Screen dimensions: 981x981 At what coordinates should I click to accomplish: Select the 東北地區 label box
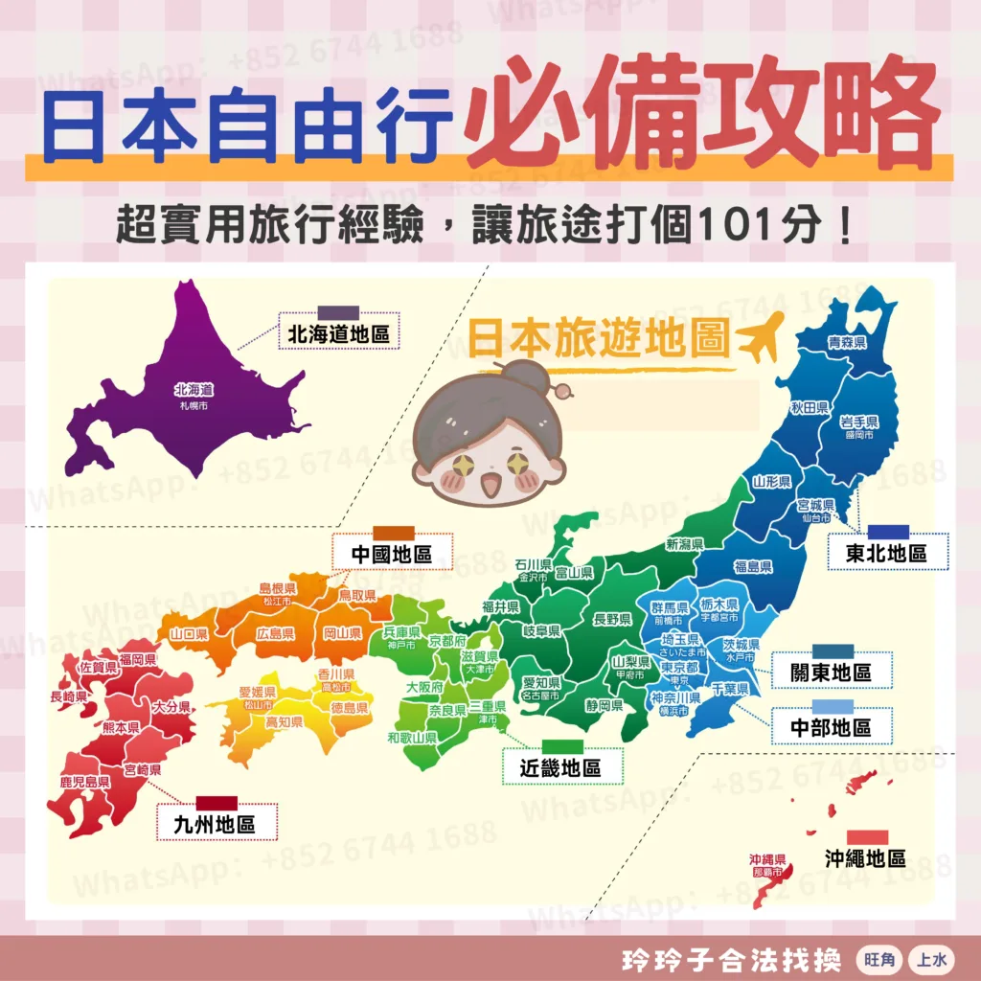886,553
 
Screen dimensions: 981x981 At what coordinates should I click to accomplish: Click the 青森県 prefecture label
847,342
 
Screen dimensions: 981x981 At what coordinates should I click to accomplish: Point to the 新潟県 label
685,544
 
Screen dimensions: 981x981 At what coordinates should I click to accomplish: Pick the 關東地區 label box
831,672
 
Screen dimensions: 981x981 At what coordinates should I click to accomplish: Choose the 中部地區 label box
831,727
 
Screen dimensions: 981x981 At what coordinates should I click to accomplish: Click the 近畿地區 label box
560,767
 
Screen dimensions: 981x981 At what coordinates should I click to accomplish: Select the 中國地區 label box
392,554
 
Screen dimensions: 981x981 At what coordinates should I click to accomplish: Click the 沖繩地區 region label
865,857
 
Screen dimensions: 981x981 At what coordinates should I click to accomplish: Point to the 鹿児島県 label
84,782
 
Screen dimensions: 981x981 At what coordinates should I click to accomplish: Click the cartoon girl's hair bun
524,376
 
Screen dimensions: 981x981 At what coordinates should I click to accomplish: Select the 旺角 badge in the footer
874,959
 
